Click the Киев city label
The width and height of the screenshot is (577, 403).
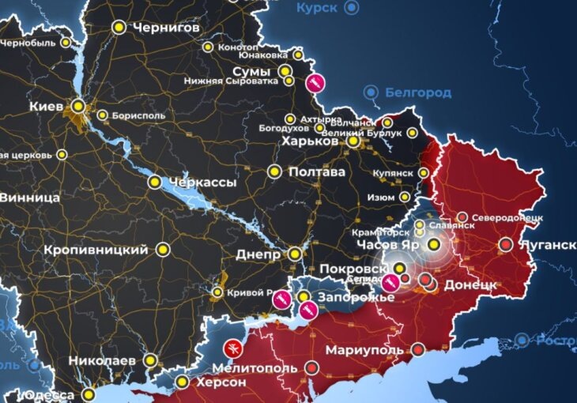pos(46,105)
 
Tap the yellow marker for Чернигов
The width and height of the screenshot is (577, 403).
pos(119,27)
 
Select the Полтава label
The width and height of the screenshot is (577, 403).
pos(316,171)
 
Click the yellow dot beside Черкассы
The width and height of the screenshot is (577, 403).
pos(156,183)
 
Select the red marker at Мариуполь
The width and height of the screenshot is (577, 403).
pos(417,349)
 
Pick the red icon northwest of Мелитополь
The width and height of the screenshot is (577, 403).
pos(232,347)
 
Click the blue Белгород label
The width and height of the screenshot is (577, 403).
pos(418,92)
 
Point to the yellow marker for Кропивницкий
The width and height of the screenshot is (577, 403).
pos(163,250)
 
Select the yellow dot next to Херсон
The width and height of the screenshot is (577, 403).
pos(183,382)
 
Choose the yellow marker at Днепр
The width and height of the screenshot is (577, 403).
pos(294,254)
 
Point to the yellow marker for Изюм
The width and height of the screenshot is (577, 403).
pos(405,197)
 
